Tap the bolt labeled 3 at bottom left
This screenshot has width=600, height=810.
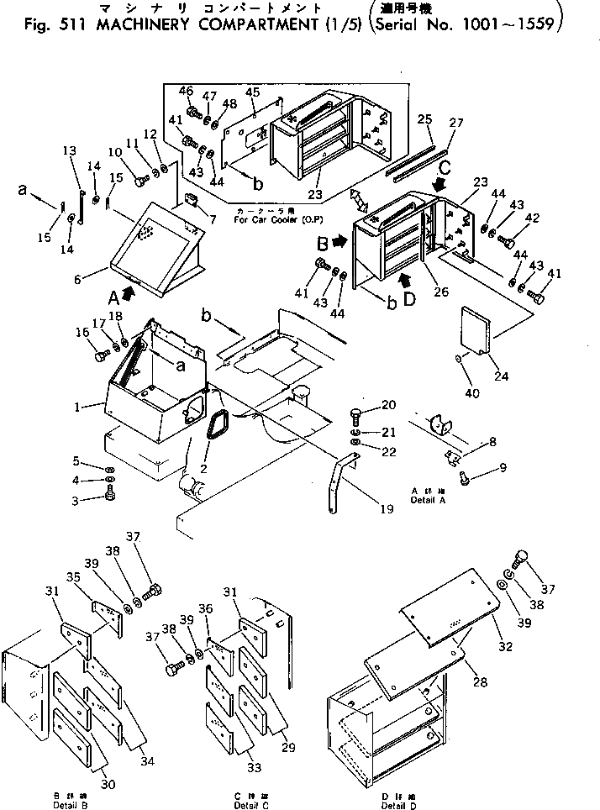pos(110,497)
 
